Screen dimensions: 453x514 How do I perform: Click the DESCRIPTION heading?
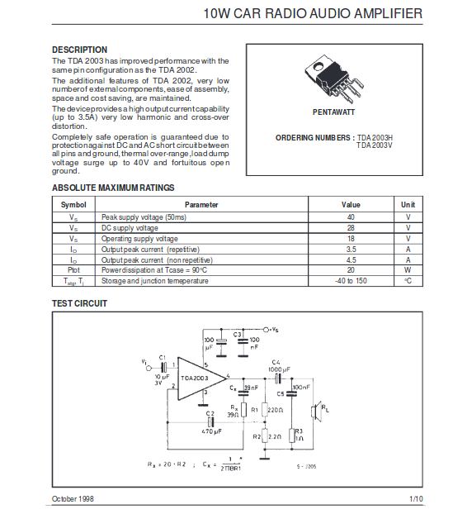point(79,50)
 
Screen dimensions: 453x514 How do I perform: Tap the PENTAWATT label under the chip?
point(333,112)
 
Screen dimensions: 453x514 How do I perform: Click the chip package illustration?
point(333,79)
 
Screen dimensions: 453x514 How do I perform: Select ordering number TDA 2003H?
point(375,138)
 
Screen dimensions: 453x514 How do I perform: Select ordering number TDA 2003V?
point(375,145)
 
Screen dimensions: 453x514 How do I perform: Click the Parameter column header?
point(201,205)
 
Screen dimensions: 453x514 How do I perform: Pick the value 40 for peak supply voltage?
point(351,217)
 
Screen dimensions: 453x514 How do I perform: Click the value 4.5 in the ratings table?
point(352,260)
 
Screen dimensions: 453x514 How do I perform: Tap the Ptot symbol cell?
point(73,270)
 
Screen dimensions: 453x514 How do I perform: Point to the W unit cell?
point(408,270)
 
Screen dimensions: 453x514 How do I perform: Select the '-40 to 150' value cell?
point(351,281)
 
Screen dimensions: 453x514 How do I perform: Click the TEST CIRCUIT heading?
point(79,303)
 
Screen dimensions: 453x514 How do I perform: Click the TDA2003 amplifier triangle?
point(202,378)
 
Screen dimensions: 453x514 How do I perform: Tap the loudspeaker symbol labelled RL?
point(315,412)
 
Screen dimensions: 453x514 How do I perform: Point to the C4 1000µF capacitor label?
point(279,366)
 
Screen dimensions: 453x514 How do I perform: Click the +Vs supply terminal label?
point(274,330)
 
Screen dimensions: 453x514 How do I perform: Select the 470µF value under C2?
point(211,431)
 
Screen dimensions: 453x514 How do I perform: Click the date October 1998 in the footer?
point(73,499)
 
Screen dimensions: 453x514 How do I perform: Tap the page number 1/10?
point(416,499)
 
